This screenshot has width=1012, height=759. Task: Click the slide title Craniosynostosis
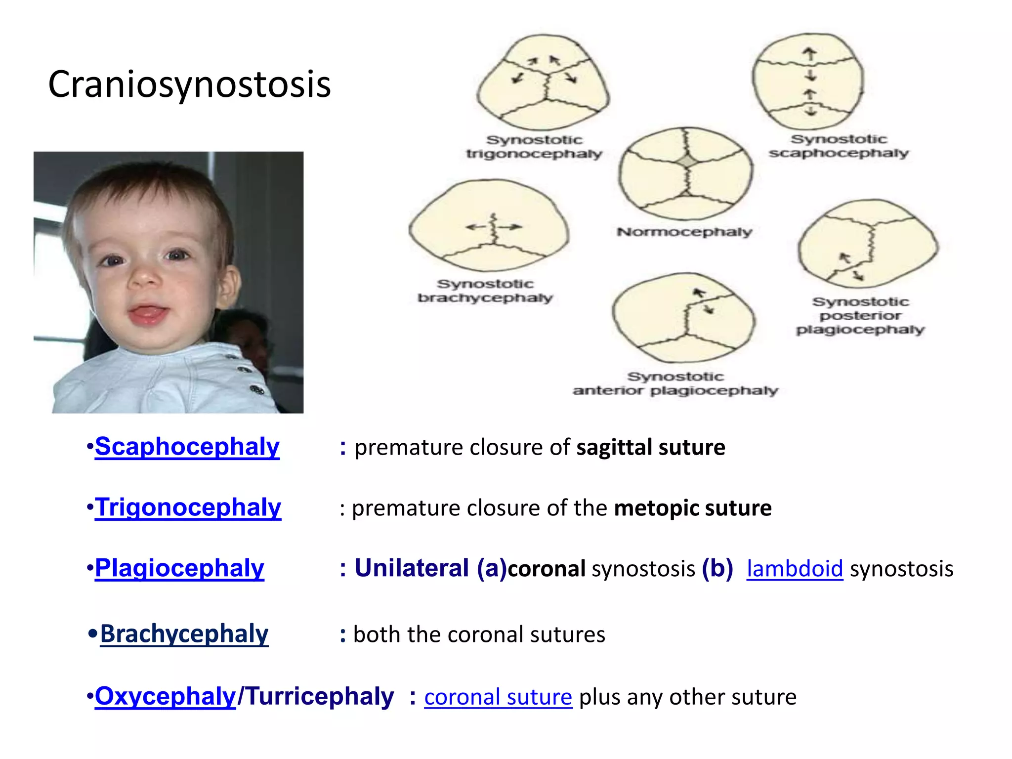[189, 84]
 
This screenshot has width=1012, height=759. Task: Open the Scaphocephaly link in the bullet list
[187, 447]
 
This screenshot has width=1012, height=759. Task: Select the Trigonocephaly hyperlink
[188, 507]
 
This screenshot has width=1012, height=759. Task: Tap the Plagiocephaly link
[180, 568]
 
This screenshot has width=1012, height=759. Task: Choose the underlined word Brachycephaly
[184, 634]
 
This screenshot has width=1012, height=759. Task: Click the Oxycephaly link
[166, 697]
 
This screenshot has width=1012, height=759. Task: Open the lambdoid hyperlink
[795, 569]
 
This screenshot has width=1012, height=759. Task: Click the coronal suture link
[498, 697]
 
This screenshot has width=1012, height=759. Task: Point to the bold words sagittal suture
[651, 447]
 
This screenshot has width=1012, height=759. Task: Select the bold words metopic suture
[693, 508]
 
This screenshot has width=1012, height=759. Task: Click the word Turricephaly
[320, 697]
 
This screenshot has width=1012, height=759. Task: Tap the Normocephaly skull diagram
[686, 173]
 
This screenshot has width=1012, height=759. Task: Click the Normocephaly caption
[684, 232]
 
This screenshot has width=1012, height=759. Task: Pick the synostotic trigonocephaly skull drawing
[544, 82]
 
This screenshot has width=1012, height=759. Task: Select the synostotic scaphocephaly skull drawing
[808, 82]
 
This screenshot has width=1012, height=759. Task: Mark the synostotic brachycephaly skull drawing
[489, 226]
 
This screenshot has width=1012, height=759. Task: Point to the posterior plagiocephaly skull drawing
[868, 244]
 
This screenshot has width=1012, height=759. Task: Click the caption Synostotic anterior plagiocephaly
[675, 384]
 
